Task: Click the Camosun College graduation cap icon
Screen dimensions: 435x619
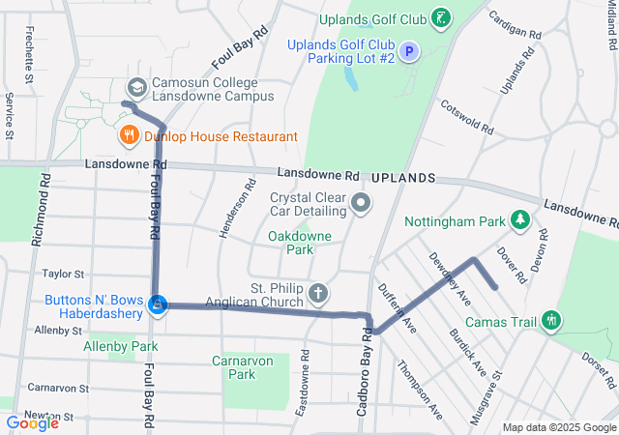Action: click(x=137, y=88)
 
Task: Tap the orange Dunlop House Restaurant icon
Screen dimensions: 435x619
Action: click(x=129, y=136)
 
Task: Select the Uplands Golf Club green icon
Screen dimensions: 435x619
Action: click(x=440, y=17)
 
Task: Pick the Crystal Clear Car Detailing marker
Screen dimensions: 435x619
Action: click(x=361, y=203)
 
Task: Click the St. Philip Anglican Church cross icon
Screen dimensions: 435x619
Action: click(x=318, y=293)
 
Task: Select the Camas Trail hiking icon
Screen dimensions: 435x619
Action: click(x=551, y=320)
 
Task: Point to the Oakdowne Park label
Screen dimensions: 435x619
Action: click(x=291, y=242)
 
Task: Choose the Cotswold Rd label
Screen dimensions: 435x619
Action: click(x=467, y=117)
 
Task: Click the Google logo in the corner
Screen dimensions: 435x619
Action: click(x=32, y=422)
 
